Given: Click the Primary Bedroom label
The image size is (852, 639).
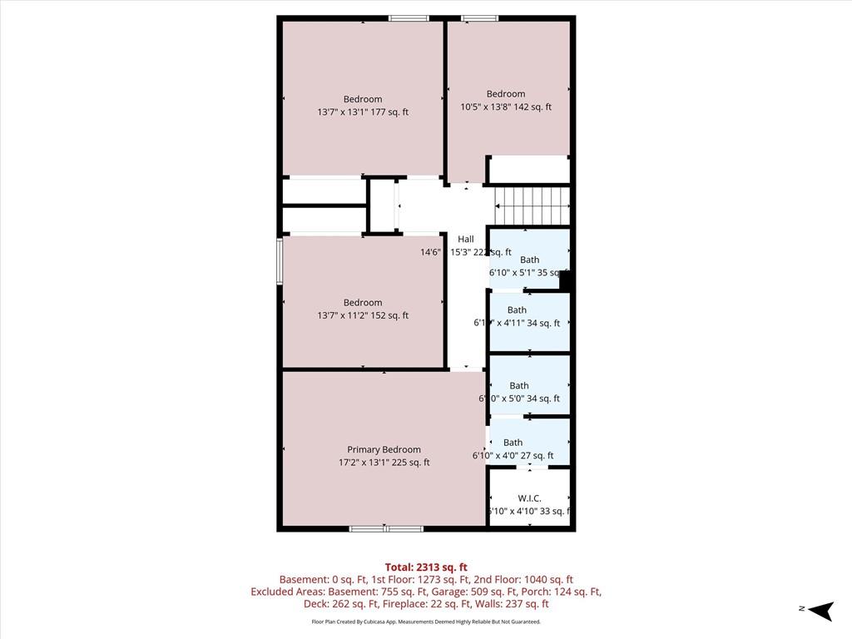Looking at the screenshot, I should coord(384,449).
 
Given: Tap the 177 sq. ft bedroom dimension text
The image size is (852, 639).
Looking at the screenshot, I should coord(363,111).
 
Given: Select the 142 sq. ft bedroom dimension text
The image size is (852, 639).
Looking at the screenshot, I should coord(506,106).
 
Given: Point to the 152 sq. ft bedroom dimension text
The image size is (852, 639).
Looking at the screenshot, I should coord(363,315).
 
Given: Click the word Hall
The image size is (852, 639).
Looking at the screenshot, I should coord(465,240).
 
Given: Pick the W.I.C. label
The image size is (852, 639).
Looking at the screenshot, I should coord(529,498).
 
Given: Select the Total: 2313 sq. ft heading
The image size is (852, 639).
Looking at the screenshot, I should coord(425,567).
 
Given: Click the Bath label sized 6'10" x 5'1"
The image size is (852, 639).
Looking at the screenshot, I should coord(529,260).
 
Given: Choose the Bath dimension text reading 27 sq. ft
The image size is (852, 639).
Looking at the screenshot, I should coord(513,455).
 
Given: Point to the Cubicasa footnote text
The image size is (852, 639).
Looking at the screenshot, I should coord(425,622).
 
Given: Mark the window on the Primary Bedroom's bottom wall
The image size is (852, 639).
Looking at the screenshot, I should coord(385,528).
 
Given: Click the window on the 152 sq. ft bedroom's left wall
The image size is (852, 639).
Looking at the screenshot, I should coord(280,260).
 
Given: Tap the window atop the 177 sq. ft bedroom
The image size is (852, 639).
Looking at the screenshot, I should coord(409,18).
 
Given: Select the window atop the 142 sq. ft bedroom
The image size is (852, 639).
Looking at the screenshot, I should coord(480,18).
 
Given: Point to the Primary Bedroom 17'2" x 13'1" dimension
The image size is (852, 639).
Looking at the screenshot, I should coord(384,463).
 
